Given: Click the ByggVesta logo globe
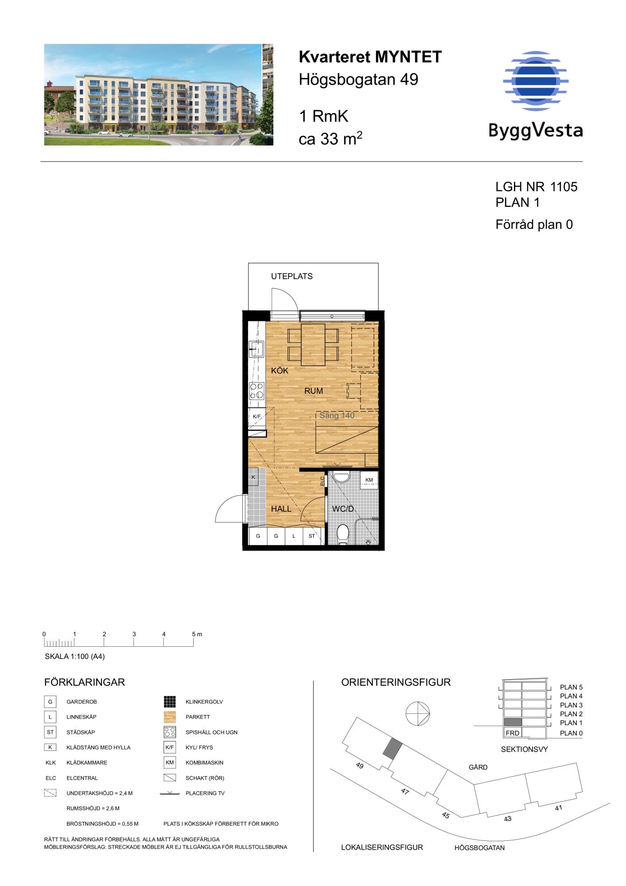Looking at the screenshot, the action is point(536,81).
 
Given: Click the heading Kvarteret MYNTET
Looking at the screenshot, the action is point(370,57).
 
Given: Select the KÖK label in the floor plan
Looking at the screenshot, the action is point(280,371).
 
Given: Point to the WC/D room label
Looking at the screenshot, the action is point(343,509).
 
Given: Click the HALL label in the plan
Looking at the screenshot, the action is point(281,509).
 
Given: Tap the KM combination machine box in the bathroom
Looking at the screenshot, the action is point(369,480).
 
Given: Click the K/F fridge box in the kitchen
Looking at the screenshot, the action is point(257,416).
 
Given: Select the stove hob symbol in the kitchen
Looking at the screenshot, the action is point(257,391).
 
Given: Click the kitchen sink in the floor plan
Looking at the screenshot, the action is point(256,349).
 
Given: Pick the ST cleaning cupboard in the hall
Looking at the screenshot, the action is point(312,536).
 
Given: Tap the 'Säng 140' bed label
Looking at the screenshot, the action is point(337,416).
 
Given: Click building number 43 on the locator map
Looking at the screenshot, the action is point(508,819).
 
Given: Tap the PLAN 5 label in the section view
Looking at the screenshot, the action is point(571,687).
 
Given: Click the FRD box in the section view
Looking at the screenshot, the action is point(513,733).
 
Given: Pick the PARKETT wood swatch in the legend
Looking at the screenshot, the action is point(170,717).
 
